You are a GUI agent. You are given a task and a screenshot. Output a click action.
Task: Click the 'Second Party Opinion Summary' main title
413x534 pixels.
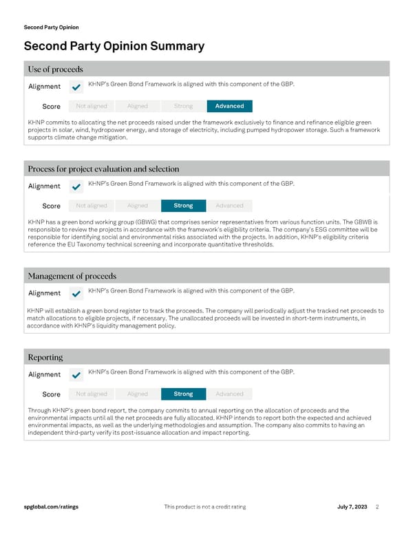(x=114, y=46)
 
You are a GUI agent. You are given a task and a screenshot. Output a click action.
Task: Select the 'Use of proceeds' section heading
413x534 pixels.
(x=55, y=69)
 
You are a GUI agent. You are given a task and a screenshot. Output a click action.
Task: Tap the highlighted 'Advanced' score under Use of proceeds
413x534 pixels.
(x=229, y=106)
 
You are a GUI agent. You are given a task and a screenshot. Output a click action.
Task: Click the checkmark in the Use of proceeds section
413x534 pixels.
(x=76, y=87)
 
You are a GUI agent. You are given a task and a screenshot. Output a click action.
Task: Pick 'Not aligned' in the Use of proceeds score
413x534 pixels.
(x=92, y=106)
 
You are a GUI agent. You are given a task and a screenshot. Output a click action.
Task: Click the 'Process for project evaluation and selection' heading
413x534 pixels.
(x=103, y=169)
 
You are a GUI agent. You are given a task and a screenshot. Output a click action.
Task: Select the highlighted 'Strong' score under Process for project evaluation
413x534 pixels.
(x=183, y=206)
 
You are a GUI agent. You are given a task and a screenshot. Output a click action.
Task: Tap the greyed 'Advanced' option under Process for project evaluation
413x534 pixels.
(x=229, y=206)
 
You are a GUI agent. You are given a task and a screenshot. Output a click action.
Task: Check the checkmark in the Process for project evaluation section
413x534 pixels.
(x=76, y=186)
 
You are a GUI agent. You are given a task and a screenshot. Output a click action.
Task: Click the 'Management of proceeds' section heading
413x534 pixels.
(x=72, y=276)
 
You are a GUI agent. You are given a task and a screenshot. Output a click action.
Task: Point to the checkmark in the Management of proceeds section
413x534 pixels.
(x=76, y=293)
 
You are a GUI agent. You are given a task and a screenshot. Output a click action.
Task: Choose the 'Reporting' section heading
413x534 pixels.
(x=45, y=357)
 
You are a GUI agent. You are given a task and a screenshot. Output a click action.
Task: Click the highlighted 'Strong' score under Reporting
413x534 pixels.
(x=183, y=394)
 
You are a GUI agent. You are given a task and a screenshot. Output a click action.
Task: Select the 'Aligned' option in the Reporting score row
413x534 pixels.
(x=138, y=394)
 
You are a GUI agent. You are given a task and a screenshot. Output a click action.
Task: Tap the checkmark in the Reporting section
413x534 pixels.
(x=76, y=375)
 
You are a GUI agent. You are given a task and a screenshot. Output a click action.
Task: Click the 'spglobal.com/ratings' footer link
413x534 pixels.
(x=51, y=506)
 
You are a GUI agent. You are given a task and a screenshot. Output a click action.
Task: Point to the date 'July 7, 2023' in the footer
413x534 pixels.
(x=352, y=506)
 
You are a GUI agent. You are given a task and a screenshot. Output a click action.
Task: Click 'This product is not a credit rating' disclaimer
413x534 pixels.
(x=205, y=506)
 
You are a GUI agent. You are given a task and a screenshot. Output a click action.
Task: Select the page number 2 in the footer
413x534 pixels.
(x=378, y=506)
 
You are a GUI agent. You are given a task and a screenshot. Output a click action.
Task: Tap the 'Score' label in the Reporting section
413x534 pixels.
(x=51, y=394)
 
